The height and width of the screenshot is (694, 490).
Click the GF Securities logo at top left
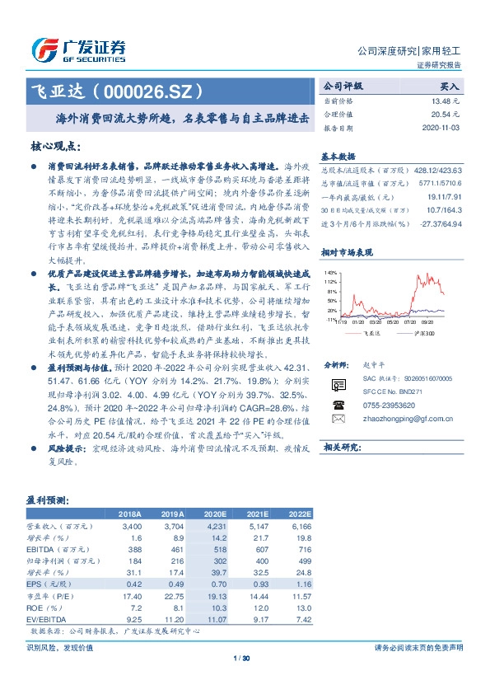pyautogui.click(x=79, y=49)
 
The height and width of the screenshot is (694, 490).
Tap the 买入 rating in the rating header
pyautogui.click(x=449, y=86)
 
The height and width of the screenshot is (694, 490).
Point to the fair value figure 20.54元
pyautogui.click(x=447, y=115)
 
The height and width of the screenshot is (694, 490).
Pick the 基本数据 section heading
pyautogui.click(x=338, y=156)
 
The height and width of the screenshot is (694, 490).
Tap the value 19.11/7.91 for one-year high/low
pyautogui.click(x=444, y=198)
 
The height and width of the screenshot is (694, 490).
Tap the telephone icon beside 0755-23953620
pyautogui.click(x=338, y=405)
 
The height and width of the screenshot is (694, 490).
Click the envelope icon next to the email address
pyautogui.click(x=338, y=419)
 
